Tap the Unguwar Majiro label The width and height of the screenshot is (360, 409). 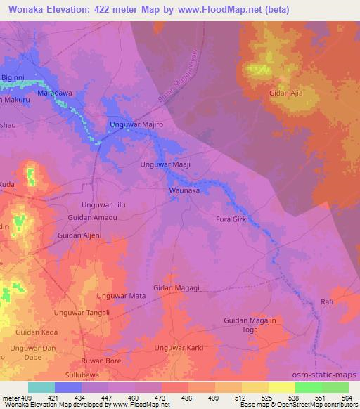coord(137,124)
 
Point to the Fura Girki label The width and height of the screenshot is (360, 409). coord(232,219)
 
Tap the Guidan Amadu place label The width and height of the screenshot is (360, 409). coord(92,218)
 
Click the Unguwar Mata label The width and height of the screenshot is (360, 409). coord(122,296)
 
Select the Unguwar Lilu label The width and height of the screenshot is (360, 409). coord(103,204)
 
